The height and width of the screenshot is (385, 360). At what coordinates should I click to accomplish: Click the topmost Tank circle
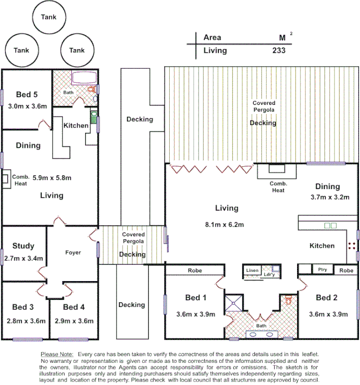click(49, 17)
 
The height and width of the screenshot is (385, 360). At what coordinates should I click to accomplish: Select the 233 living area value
click(278, 50)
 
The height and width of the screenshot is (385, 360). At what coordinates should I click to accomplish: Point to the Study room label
click(24, 246)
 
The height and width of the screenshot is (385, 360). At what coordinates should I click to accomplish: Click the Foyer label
click(73, 252)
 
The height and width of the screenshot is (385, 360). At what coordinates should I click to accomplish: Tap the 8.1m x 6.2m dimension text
click(226, 224)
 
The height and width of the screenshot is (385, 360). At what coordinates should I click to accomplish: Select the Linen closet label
click(253, 271)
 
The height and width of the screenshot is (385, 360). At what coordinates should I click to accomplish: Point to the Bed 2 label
click(326, 298)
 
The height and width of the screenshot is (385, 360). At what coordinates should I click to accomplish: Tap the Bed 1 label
click(196, 298)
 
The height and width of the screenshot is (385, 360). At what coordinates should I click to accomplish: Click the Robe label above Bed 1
click(195, 270)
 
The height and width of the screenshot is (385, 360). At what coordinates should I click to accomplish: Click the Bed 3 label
click(23, 307)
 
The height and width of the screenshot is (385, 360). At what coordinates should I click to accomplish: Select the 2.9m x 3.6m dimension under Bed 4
click(74, 321)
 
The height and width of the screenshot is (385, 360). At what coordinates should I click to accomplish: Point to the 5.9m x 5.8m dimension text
click(52, 178)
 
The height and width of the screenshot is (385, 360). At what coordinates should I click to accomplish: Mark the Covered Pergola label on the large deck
click(264, 106)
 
